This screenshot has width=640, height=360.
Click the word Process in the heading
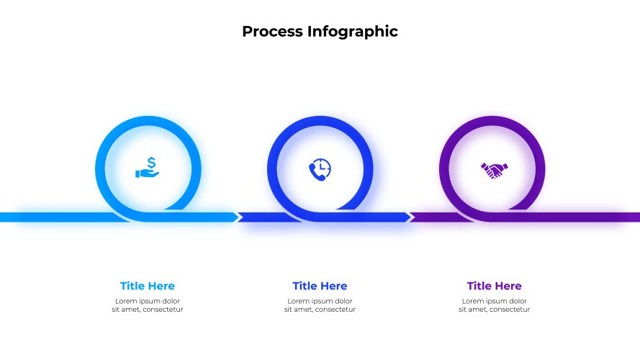(x=272, y=32)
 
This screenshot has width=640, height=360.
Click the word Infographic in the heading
(x=353, y=32)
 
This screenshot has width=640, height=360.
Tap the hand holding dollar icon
(x=148, y=168)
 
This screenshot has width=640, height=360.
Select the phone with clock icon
(x=320, y=168)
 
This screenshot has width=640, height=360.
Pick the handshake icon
(x=494, y=170)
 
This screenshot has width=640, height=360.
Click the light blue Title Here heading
(x=147, y=286)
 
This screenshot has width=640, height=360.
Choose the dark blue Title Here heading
(x=320, y=286)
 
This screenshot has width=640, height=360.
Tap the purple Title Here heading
(x=494, y=286)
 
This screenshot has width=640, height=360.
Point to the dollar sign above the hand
(x=150, y=163)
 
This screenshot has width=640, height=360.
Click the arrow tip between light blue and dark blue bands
(x=238, y=217)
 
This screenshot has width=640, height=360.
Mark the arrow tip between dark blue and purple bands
(x=410, y=217)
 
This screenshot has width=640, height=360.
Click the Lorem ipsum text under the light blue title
(x=147, y=305)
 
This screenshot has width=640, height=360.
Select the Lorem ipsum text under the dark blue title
(x=320, y=305)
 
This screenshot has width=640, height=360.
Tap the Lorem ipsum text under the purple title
(x=494, y=305)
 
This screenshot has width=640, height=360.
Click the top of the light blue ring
(x=148, y=121)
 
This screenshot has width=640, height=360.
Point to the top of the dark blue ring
(x=320, y=121)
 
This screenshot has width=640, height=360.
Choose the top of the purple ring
(x=492, y=121)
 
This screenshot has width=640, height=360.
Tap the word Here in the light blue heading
(x=161, y=286)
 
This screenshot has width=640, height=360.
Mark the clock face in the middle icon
(x=323, y=166)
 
